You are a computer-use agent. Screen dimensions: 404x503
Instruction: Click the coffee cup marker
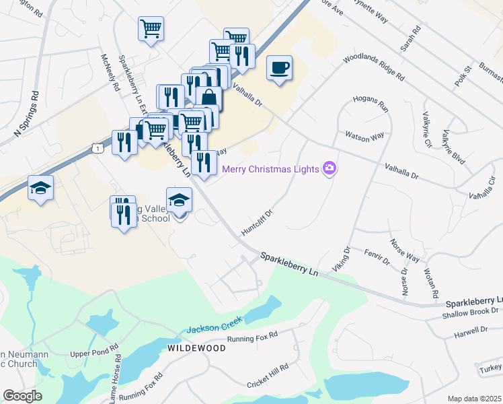[279, 68]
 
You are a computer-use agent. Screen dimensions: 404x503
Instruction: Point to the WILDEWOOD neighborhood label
[196, 347]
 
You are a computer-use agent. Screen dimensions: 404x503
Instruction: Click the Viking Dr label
[343, 259]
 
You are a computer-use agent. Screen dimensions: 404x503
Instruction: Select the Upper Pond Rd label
[94, 353]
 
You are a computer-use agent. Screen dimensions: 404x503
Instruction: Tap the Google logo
[22, 396]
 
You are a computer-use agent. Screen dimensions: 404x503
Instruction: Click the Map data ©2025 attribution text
[473, 399]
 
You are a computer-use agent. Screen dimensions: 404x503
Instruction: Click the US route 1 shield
[98, 147]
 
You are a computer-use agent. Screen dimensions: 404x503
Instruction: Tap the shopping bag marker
[209, 98]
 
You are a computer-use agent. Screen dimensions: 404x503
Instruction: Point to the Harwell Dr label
[470, 330]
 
